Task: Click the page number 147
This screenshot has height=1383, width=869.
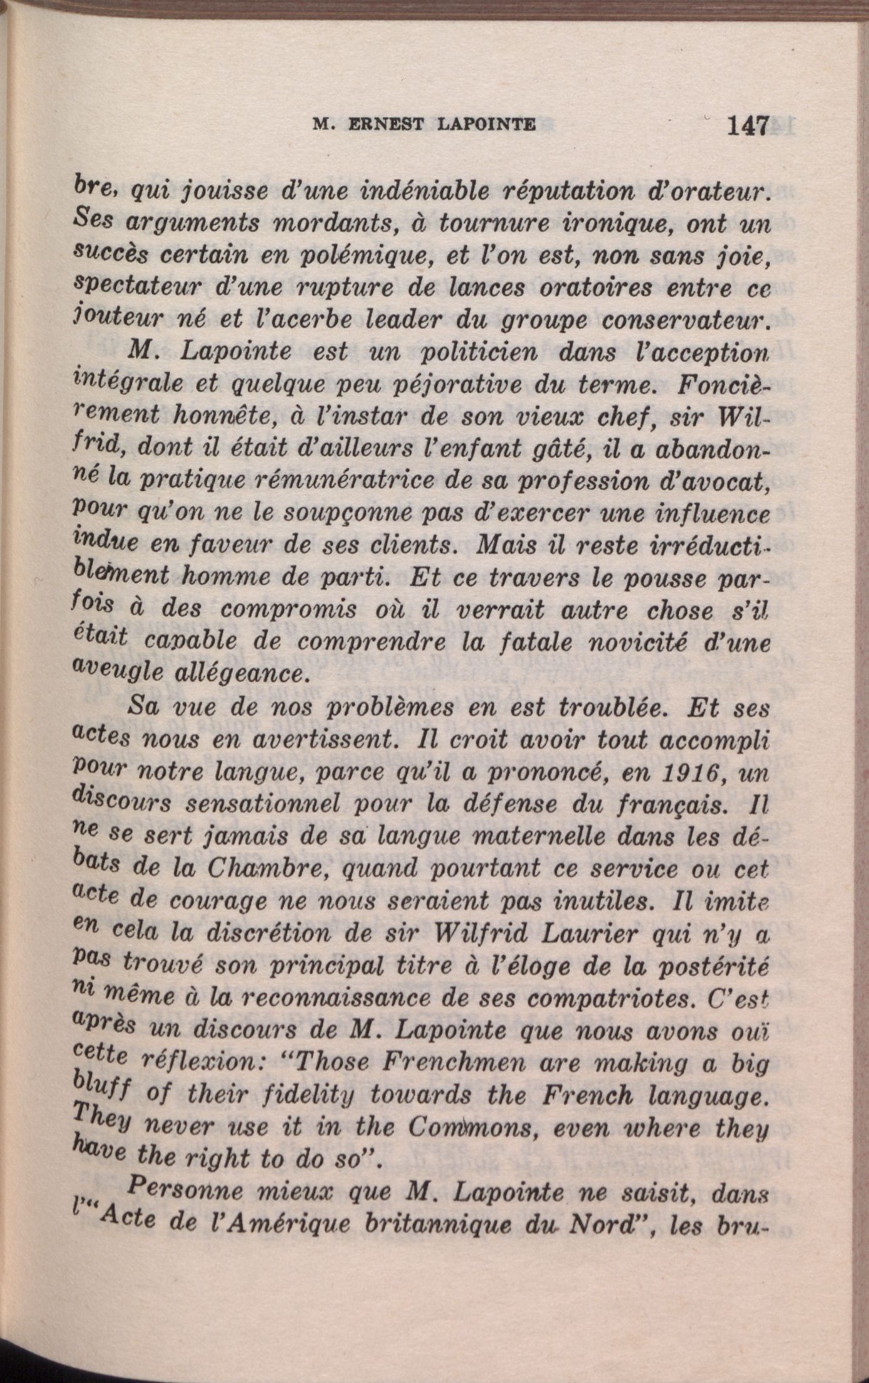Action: click(747, 126)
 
